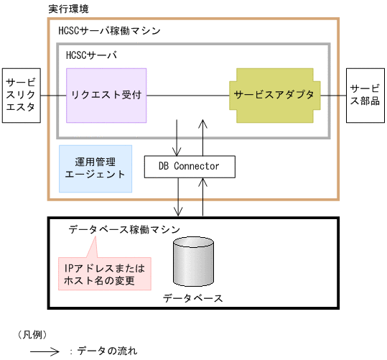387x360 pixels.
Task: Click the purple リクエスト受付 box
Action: click(106, 94)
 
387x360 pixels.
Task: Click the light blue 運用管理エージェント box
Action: click(95, 168)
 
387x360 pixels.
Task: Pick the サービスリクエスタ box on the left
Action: click(20, 94)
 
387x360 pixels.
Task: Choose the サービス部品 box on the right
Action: click(366, 94)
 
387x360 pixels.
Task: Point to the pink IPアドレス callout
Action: click(105, 274)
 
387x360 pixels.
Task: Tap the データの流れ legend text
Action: click(107, 351)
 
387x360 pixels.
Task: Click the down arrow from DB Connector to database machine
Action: click(177, 196)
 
